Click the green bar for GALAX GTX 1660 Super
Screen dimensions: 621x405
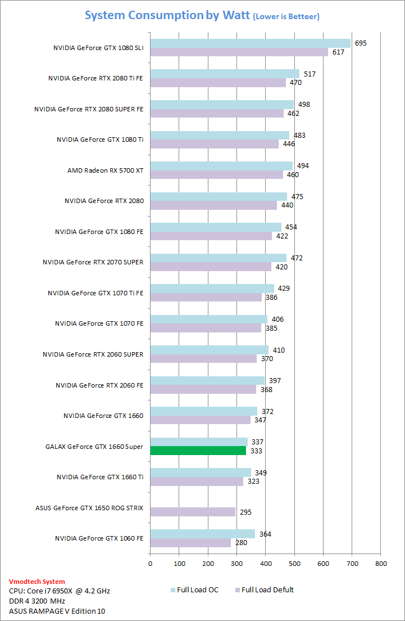pos(198,451)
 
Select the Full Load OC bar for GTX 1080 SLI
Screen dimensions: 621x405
pos(250,43)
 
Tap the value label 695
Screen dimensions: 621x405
pos(361,43)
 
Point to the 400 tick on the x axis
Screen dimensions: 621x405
pos(266,562)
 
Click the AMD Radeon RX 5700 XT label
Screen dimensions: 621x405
pos(105,170)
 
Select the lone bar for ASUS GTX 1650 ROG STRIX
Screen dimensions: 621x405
pos(193,512)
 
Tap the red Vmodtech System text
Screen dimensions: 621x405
pos(37,582)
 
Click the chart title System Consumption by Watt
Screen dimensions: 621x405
pos(167,15)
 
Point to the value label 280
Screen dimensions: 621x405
pos(242,543)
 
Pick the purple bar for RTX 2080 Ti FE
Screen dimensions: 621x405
pos(218,83)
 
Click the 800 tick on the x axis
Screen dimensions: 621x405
pos(381,562)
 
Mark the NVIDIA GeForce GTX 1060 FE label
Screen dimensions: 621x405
pos(99,538)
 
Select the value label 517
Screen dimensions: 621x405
pos(310,74)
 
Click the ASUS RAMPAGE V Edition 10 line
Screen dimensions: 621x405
pos(57,611)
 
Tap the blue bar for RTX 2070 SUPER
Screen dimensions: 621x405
pos(218,258)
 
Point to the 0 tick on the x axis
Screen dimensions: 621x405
pos(150,562)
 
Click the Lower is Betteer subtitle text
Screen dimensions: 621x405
pos(286,17)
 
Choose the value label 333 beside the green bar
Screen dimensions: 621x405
pos(256,451)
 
